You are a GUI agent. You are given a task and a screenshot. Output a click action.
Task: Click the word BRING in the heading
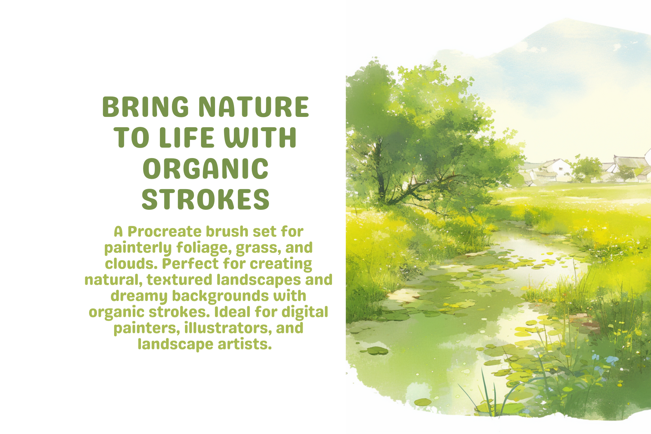(x=146, y=107)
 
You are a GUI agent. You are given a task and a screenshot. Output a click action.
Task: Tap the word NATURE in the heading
(x=254, y=107)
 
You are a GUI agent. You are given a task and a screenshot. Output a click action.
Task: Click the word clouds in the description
(x=131, y=264)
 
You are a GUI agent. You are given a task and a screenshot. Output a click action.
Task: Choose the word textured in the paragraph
(x=179, y=280)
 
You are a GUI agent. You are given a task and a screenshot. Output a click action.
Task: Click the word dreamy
(x=139, y=296)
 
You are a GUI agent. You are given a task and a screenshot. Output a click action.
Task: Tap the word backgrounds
(x=220, y=296)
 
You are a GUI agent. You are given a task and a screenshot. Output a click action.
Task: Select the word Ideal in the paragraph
(x=232, y=312)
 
